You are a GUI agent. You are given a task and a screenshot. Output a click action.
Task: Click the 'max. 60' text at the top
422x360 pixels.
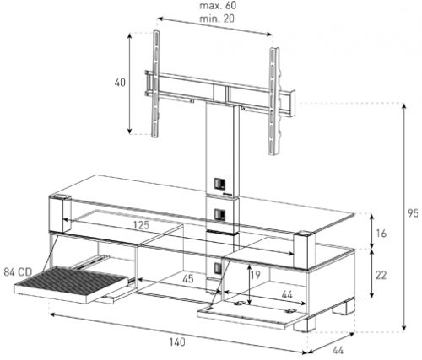pos(218,6)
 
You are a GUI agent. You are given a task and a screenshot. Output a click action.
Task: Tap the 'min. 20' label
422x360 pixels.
pos(217,19)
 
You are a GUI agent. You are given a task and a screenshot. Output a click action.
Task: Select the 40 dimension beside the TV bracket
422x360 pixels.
pos(120,83)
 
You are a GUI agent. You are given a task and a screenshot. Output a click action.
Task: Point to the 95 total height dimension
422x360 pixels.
pos(413,213)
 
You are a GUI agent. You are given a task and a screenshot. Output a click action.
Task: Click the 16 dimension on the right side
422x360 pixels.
pos(381,234)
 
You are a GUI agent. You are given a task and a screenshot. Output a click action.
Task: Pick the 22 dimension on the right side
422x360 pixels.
pos(381,275)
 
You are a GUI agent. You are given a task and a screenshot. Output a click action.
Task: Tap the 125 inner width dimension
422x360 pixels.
pos(141,225)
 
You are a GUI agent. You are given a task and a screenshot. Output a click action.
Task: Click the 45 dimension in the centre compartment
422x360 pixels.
pos(188,279)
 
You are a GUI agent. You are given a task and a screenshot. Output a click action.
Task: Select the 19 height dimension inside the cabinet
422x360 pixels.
pos(255,275)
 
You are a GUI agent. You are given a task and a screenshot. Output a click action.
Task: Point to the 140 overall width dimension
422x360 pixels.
pos(177,342)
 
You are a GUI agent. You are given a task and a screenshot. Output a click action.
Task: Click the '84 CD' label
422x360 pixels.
pos(18,272)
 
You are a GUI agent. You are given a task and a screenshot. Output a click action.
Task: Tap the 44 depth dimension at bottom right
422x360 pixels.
pos(338,351)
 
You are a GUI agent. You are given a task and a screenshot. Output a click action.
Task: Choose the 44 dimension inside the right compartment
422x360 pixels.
pos(287,294)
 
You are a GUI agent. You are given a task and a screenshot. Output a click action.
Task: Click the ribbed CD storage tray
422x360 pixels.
pos(71,284)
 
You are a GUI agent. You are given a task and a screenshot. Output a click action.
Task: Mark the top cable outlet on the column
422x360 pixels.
pos(219,183)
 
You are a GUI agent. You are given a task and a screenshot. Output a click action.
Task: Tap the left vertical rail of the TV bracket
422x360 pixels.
pos(156,83)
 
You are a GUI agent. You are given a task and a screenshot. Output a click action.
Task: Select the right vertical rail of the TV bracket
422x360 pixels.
pos(274,101)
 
